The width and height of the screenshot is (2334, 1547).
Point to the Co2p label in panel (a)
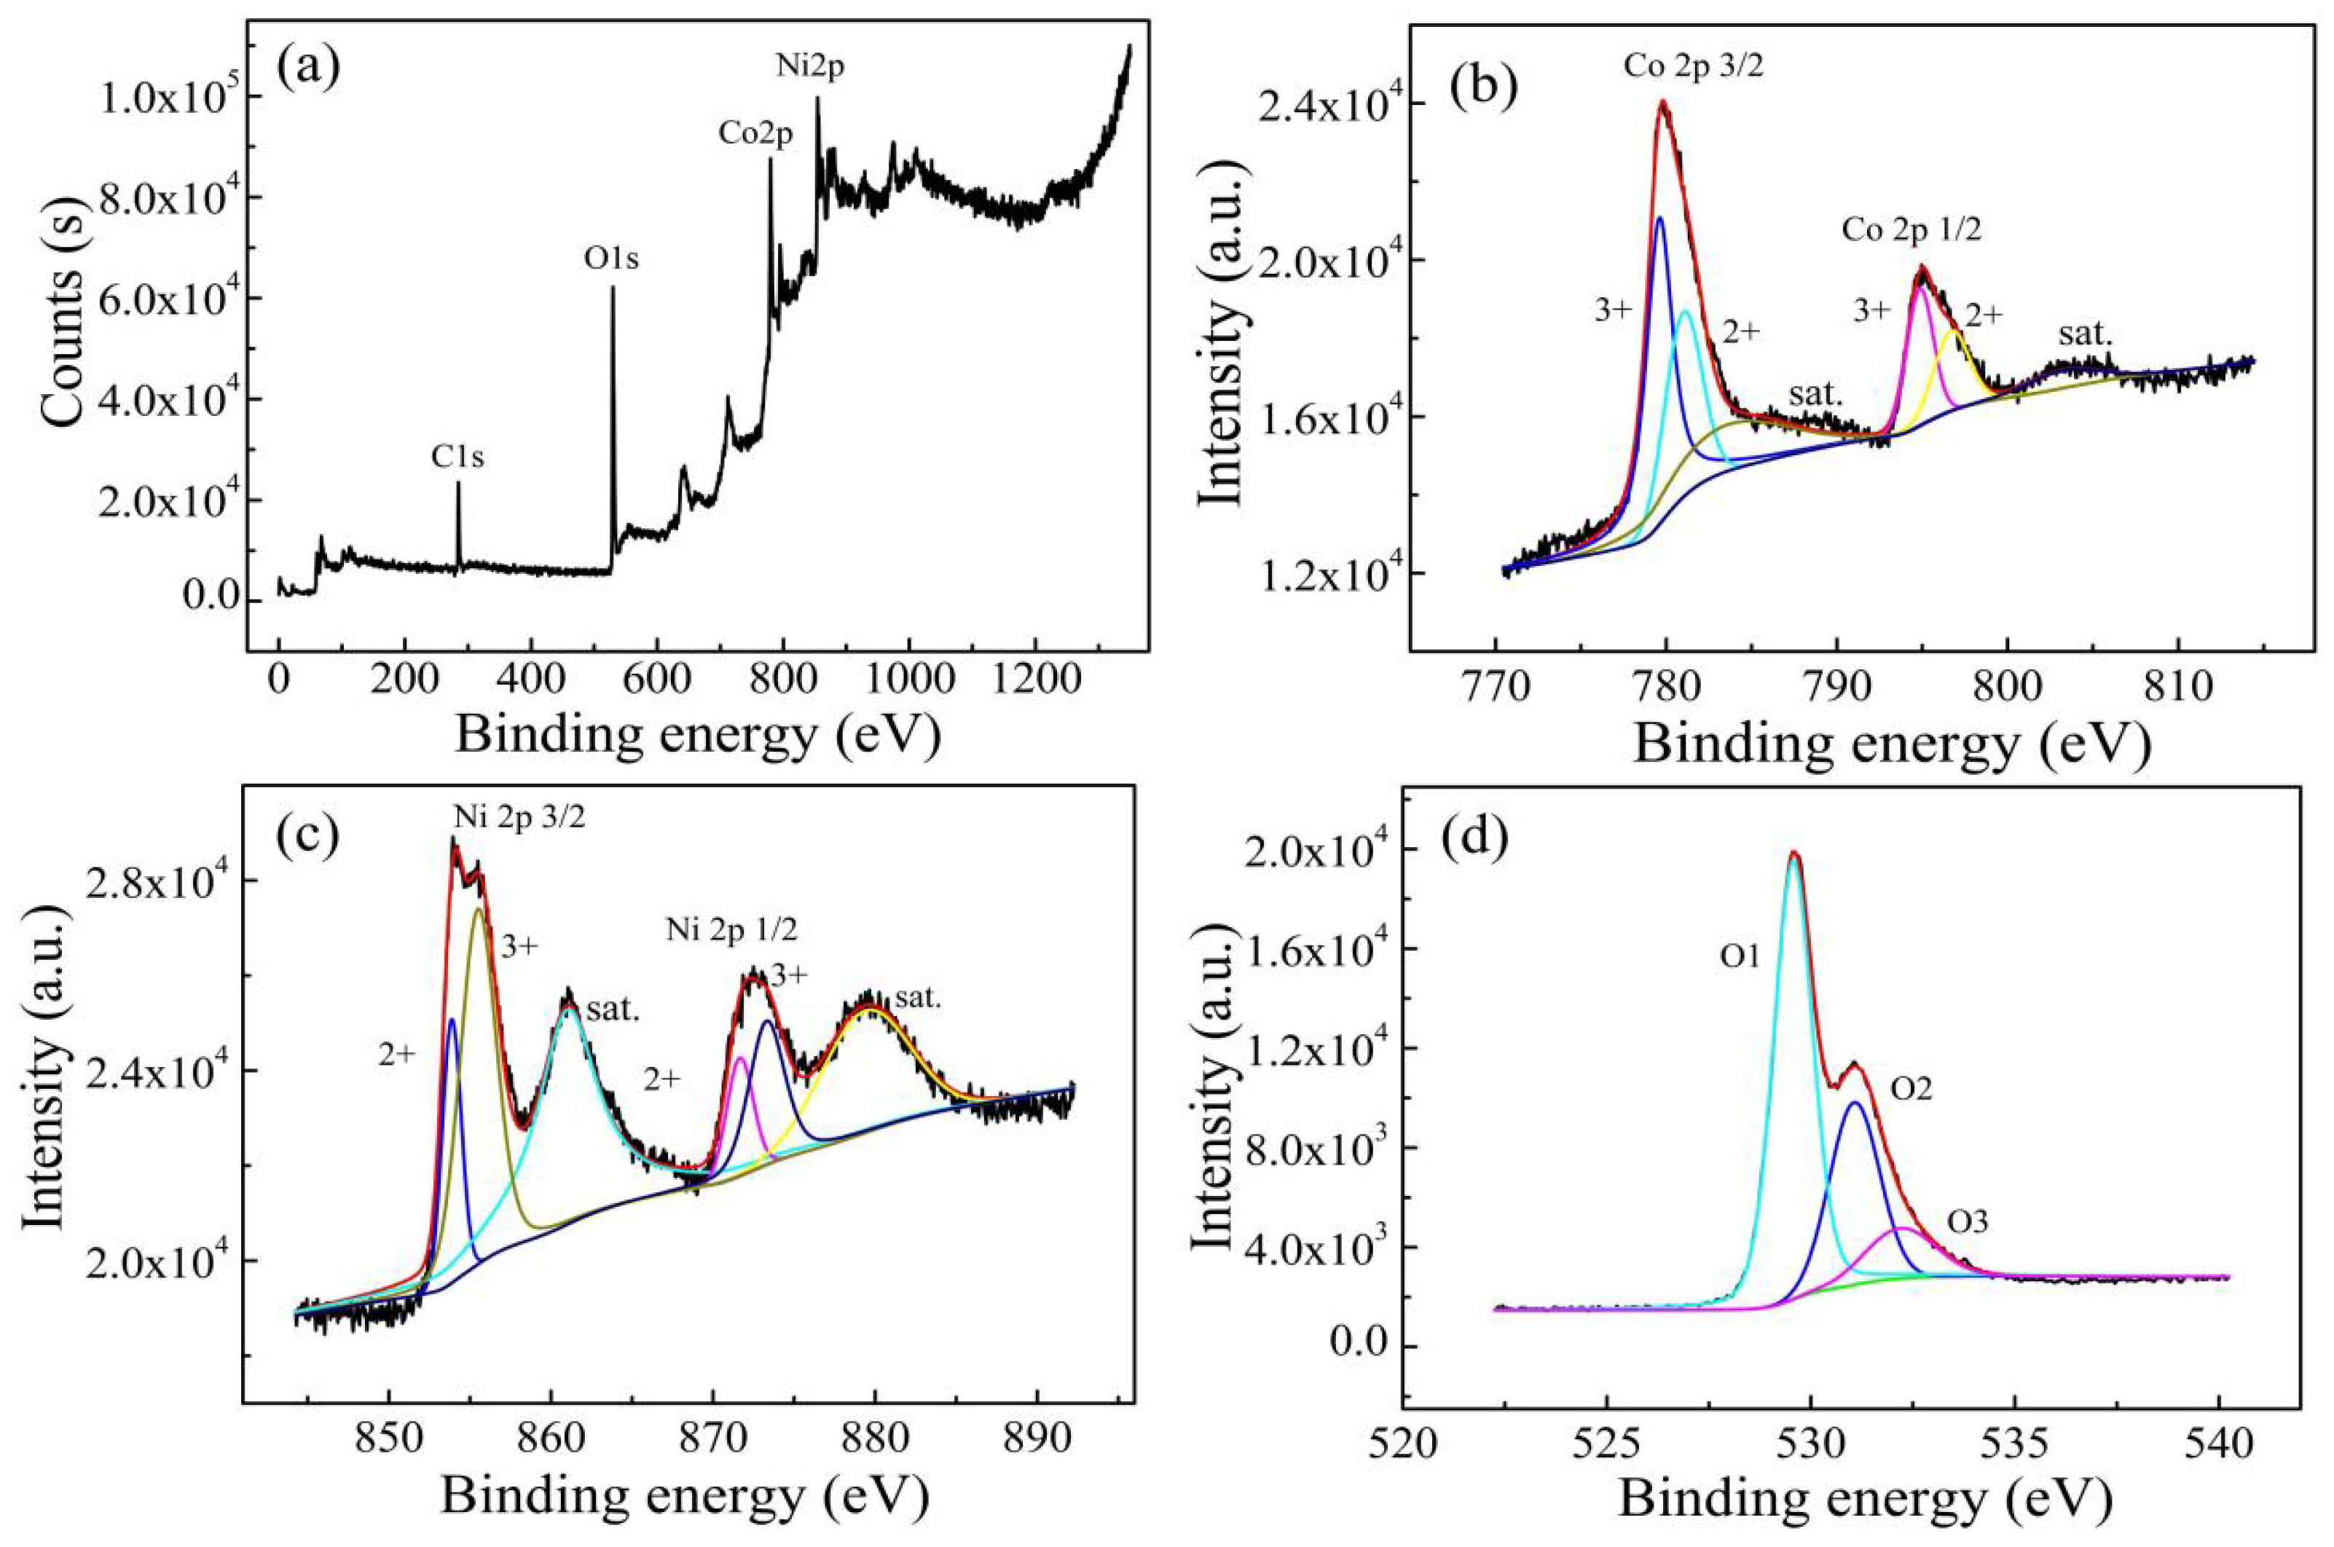[755, 134]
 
